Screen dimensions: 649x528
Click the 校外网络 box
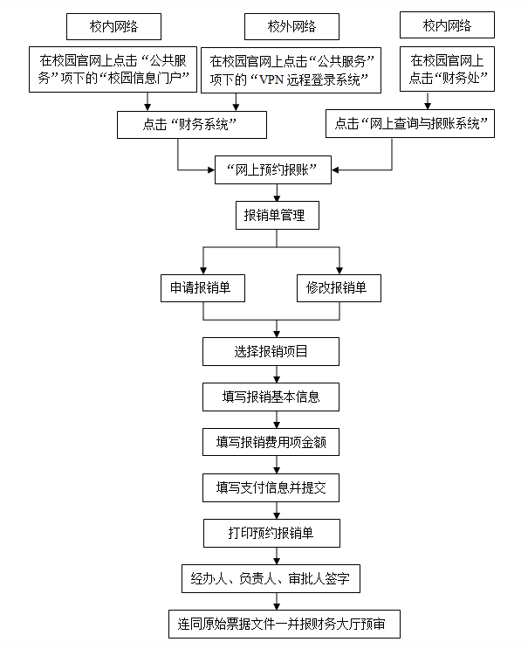pos(279,27)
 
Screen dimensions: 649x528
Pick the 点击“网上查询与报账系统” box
pos(410,124)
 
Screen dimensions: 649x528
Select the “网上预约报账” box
pos(272,169)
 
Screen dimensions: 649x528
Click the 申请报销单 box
pos(202,287)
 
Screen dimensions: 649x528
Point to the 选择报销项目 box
pos(271,352)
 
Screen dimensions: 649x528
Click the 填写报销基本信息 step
pos(271,397)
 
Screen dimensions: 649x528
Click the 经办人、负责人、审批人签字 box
pos(272,578)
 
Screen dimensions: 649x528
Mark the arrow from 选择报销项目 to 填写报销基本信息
pos(277,374)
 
